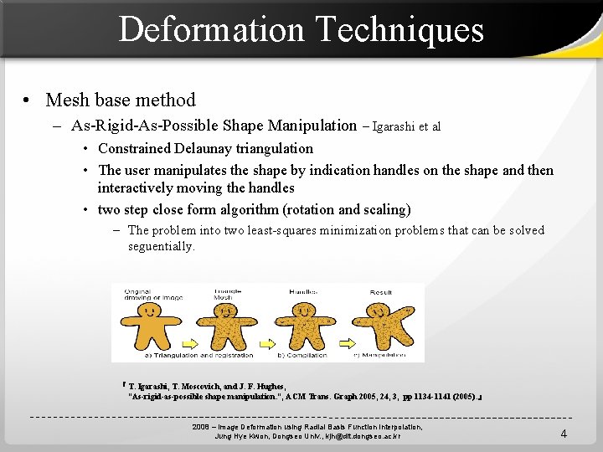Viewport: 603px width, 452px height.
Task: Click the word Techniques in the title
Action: [400, 29]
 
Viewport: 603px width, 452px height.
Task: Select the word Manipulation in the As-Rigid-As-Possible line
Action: [312, 126]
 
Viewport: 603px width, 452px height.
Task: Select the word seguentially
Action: [161, 246]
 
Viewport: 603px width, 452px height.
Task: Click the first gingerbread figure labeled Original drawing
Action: [145, 322]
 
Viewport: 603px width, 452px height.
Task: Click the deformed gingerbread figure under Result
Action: [381, 322]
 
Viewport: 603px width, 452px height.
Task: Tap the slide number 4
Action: [564, 434]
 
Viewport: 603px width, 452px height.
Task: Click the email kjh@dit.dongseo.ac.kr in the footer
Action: [352, 436]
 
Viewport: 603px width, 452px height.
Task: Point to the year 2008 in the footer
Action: [201, 427]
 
